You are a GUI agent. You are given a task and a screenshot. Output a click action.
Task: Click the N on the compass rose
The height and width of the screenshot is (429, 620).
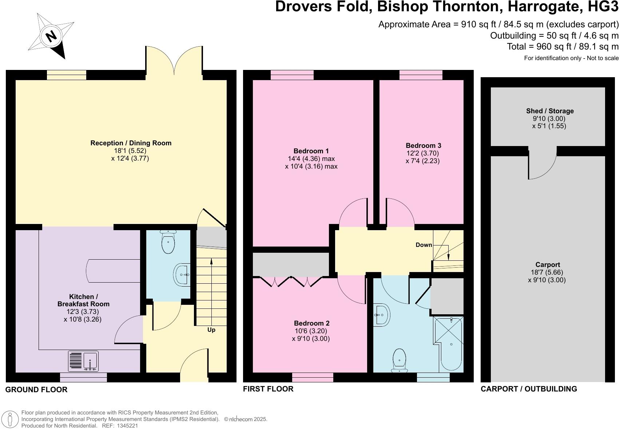pos(51,36)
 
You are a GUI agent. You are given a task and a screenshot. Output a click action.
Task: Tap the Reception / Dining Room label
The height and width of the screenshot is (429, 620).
pos(131,143)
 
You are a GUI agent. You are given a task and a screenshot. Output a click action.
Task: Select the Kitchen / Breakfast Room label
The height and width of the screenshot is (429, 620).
pos(83,300)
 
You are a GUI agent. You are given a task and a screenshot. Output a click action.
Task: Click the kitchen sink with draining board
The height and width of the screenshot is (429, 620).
pos(83,361)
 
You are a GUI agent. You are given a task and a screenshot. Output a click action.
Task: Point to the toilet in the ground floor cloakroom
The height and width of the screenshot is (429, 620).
pos(168,242)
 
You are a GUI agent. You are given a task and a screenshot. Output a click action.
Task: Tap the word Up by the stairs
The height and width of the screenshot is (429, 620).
pos(211,330)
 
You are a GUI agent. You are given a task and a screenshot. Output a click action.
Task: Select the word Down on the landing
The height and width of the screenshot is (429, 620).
pos(424,245)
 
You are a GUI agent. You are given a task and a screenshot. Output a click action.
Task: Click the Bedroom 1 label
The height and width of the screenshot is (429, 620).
pos(311,151)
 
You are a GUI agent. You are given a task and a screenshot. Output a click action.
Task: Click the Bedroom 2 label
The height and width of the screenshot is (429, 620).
pos(311,323)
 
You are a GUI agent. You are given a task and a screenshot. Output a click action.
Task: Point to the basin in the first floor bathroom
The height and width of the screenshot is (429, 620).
pos(381,314)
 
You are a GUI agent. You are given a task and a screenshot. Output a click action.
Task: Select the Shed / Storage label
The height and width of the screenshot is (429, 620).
pos(549,111)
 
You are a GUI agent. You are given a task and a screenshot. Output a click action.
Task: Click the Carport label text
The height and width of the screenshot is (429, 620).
pos(547,265)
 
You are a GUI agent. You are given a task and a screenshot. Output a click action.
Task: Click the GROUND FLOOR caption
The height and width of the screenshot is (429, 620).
pos(36,390)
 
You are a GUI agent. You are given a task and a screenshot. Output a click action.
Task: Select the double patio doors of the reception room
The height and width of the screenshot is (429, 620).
pos(174,62)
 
